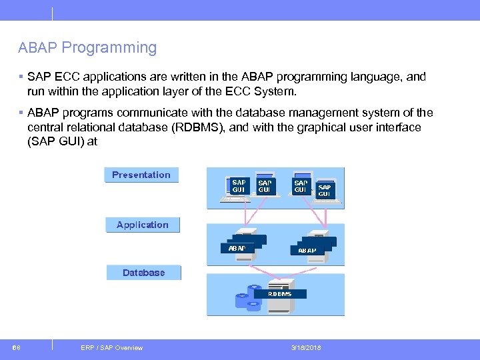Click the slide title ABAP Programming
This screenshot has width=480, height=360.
click(87, 48)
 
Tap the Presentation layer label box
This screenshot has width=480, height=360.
click(141, 175)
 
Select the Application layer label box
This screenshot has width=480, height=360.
click(142, 225)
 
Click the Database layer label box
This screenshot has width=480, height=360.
click(143, 273)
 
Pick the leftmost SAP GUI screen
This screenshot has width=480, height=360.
click(238, 185)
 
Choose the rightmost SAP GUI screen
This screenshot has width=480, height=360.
click(325, 190)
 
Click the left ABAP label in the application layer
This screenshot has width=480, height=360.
click(237, 248)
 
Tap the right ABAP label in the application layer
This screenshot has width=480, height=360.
click(307, 251)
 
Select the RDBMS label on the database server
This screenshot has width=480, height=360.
click(279, 293)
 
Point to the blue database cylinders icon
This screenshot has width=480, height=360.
click(247, 299)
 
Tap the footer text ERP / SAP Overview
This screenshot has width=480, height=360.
click(111, 347)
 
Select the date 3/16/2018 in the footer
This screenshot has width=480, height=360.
click(305, 347)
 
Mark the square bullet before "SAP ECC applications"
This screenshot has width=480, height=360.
click(21, 77)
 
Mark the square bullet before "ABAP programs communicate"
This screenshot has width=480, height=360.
click(21, 113)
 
